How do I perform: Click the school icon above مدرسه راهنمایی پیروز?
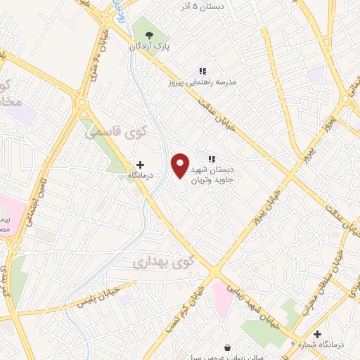[202, 71]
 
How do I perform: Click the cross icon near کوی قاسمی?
[141, 164]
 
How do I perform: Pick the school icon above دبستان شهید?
[211, 158]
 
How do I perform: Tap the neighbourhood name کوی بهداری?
[161, 263]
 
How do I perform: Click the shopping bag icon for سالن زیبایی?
[227, 347]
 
